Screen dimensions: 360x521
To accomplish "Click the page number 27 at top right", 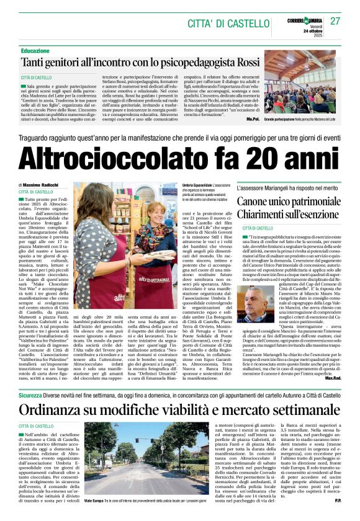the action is (x=335, y=21).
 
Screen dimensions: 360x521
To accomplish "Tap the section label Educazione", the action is (x=35, y=50).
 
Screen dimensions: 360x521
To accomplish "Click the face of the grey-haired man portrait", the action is (x=251, y=303).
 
